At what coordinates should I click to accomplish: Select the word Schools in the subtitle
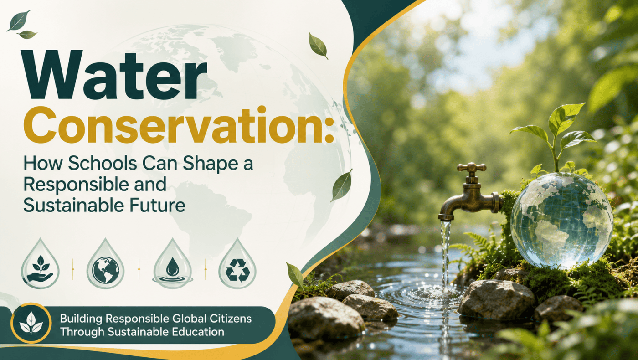click(103, 164)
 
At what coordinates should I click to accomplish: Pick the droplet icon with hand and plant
click(40, 264)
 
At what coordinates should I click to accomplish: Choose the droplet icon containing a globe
click(105, 264)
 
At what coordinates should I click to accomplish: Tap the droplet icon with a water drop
click(172, 264)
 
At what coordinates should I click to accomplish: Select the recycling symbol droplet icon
click(237, 264)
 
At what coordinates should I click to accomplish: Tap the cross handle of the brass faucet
click(472, 168)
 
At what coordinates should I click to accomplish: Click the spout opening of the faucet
click(446, 218)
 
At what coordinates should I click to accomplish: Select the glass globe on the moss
click(561, 220)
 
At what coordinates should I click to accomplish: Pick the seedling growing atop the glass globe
click(554, 137)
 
